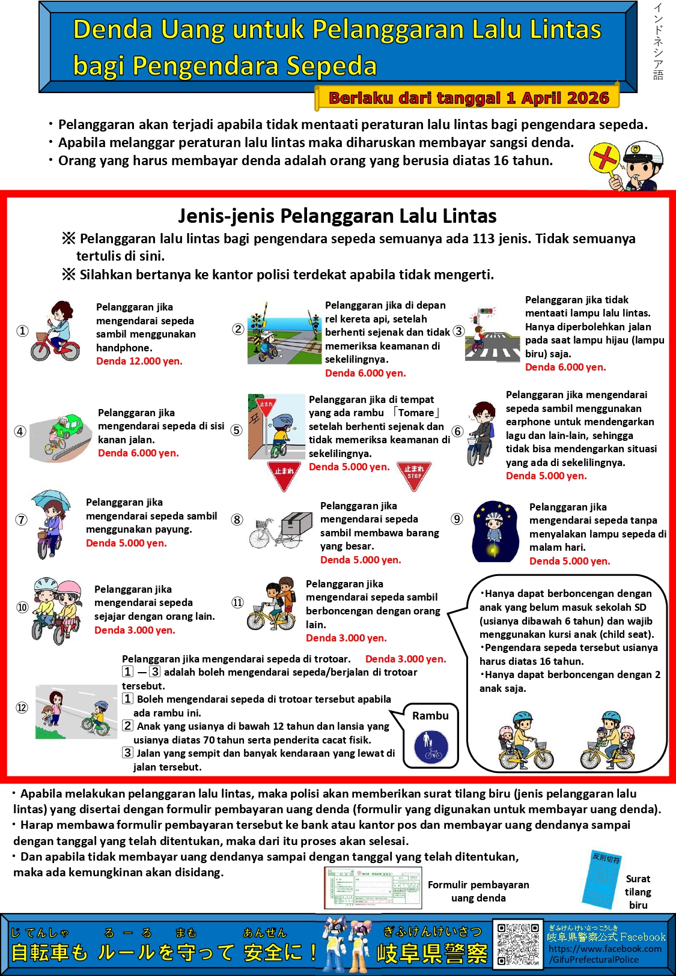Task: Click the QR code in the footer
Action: (518, 944)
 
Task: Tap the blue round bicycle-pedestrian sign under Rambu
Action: (431, 747)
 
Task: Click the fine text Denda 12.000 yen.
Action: (139, 361)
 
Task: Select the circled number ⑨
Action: (457, 519)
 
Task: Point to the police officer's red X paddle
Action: (604, 159)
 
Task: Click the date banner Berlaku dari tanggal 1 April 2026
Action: (468, 98)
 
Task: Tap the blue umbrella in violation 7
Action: (50, 499)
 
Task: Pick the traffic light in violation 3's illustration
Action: (486, 311)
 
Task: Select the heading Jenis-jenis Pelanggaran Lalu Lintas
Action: (337, 216)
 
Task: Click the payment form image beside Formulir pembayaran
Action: (373, 888)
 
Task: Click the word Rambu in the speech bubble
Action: (430, 715)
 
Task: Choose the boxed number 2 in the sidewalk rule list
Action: (127, 726)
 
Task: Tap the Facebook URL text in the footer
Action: (604, 954)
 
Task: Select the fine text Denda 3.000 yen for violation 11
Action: (346, 638)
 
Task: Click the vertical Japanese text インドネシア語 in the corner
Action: (659, 41)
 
